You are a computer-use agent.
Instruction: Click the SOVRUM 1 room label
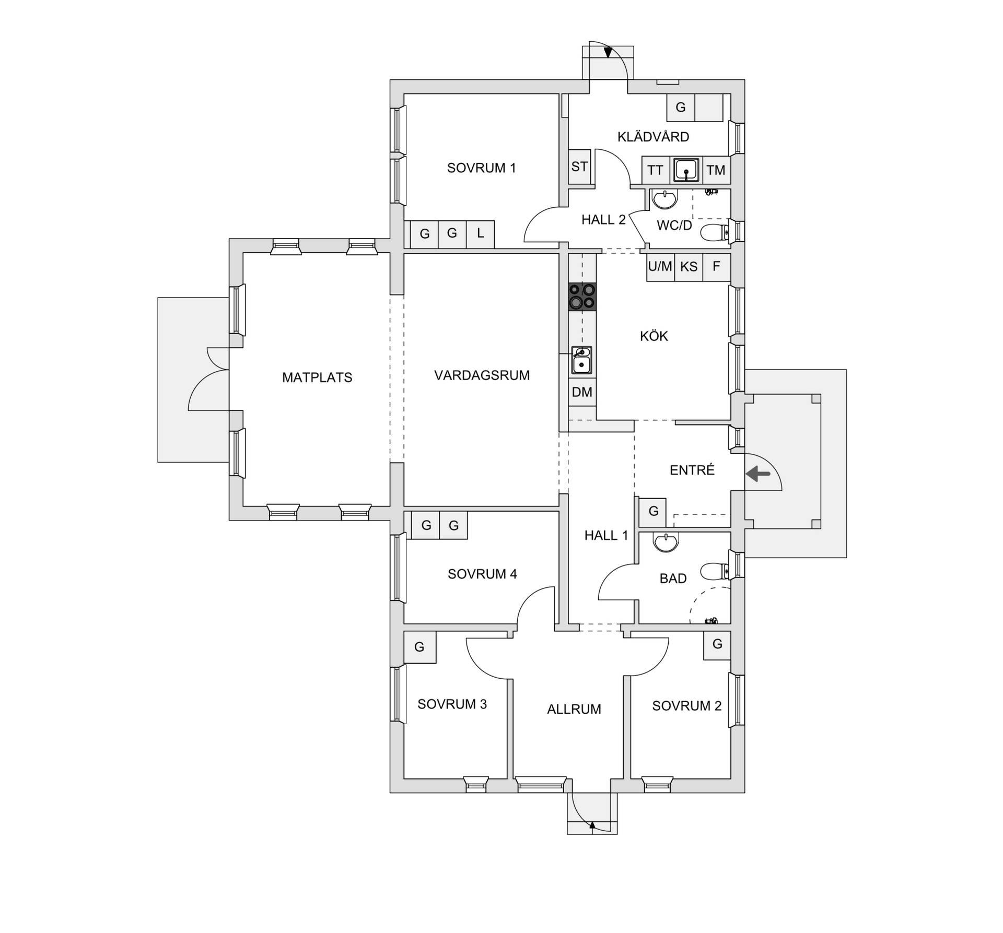click(481, 168)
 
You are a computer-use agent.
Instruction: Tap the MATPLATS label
click(317, 377)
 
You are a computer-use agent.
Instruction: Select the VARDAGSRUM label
click(482, 375)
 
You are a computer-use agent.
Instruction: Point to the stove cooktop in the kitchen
click(582, 297)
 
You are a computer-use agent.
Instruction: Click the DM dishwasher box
click(582, 392)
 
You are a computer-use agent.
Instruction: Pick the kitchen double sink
click(581, 360)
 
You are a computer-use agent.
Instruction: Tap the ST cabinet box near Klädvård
click(579, 167)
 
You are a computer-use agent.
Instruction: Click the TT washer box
click(655, 170)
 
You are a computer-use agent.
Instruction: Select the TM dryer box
click(716, 170)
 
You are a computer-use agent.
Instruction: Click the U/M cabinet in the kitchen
click(660, 267)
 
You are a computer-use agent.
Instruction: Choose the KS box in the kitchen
click(689, 267)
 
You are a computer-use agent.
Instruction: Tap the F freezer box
click(716, 267)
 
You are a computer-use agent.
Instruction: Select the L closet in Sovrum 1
click(480, 234)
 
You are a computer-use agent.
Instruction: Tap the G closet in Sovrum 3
click(419, 647)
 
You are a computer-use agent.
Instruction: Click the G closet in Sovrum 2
click(717, 645)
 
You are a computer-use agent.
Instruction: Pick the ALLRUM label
click(574, 709)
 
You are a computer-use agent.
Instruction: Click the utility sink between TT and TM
click(686, 170)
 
